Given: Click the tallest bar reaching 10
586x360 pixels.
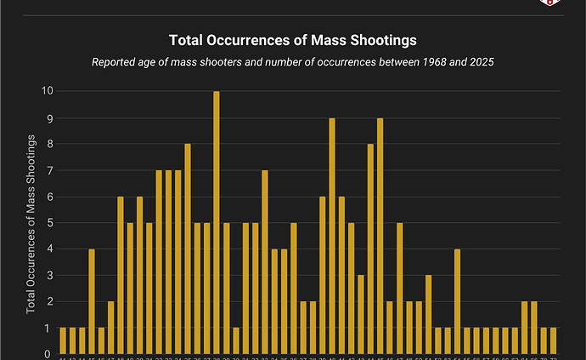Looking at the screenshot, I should tap(217, 222).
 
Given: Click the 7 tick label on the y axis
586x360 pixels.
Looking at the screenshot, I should tap(49, 170).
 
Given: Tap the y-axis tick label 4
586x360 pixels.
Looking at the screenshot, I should tap(49, 249).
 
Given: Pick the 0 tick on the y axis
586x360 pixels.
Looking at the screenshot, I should tap(49, 354).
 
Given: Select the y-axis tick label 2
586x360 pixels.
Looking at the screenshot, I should tap(49, 301).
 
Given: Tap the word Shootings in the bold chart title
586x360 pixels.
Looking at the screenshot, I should tap(386, 39).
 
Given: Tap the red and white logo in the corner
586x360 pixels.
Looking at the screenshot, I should tap(549, 3).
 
